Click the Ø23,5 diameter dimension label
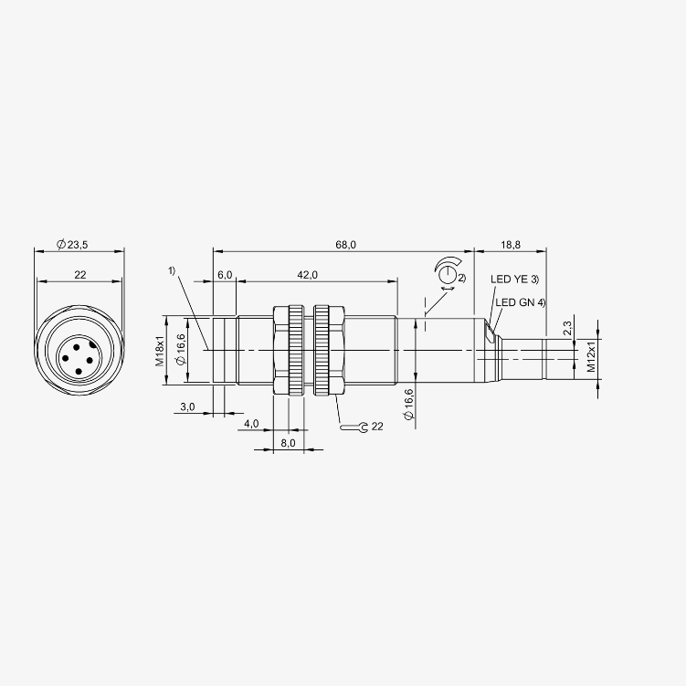(x=72, y=245)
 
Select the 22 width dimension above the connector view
(x=80, y=275)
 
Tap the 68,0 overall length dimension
(x=345, y=245)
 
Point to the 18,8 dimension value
(x=511, y=245)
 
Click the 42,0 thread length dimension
(x=307, y=275)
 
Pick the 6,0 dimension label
(x=225, y=275)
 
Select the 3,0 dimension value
(x=187, y=406)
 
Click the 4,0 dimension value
(x=251, y=424)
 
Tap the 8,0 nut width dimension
(x=288, y=443)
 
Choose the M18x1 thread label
(x=160, y=351)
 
